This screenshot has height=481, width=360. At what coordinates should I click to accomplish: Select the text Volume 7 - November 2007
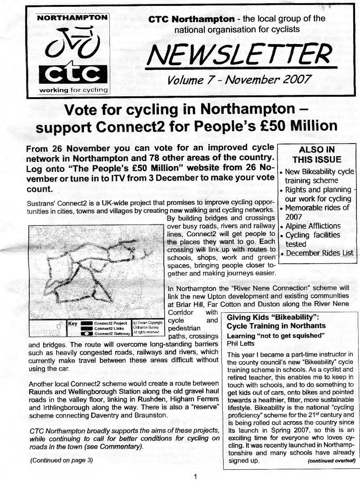click(239, 80)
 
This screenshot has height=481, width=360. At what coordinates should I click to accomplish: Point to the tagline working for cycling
click(73, 90)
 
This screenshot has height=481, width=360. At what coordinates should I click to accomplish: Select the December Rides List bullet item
click(319, 253)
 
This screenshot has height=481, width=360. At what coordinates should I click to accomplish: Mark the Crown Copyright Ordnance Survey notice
click(144, 327)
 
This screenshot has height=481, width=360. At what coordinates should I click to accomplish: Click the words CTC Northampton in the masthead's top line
click(192, 19)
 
